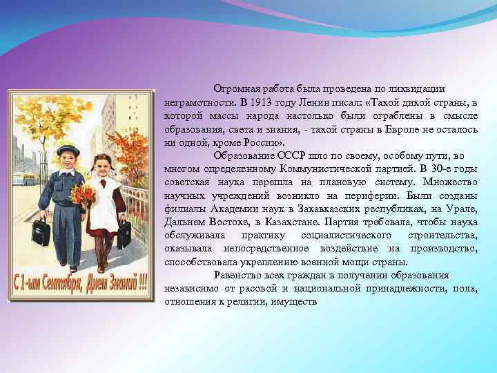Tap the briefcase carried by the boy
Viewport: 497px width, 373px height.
coord(40,232)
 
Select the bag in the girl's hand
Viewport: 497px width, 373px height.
coord(124,236)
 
